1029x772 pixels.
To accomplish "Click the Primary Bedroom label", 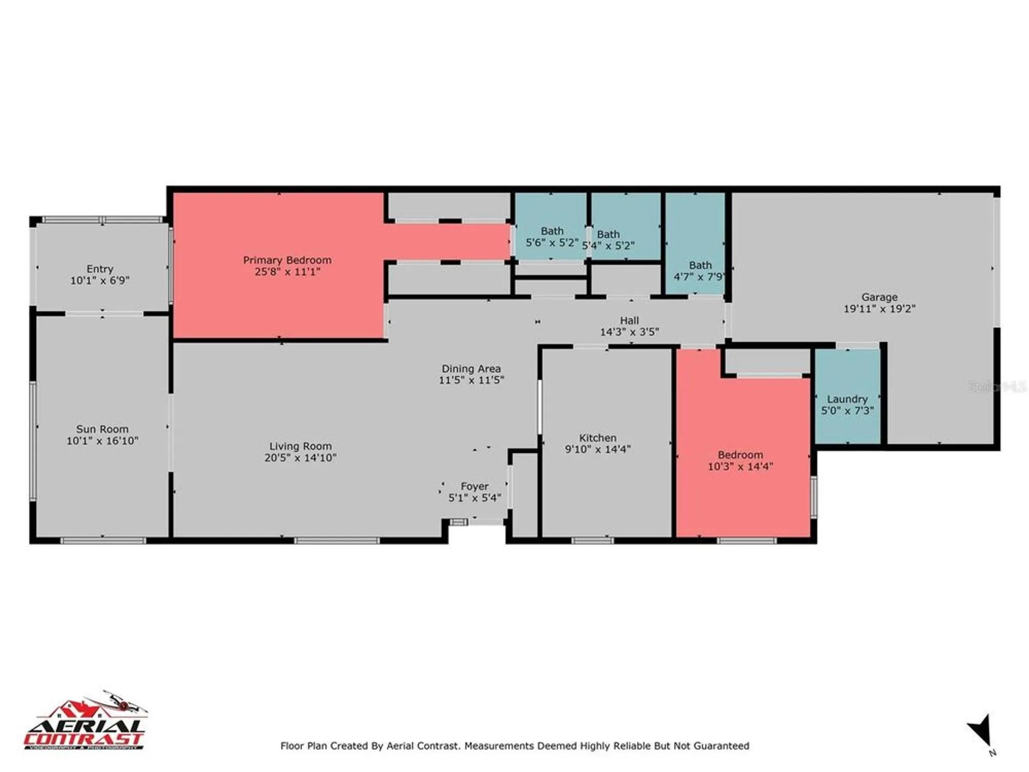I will (287, 260).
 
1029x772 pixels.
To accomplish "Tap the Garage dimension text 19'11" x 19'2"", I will (879, 309).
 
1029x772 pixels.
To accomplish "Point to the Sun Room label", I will (102, 429).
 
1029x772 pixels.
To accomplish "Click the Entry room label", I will (100, 269).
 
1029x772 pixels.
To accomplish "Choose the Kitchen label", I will (597, 438).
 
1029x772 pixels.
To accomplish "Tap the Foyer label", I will (474, 486).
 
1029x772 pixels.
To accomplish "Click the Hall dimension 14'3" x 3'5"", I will (629, 332).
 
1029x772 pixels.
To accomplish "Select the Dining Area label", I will (471, 369).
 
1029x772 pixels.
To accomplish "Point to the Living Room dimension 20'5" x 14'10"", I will (300, 458).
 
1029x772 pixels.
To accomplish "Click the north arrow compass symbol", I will (980, 731).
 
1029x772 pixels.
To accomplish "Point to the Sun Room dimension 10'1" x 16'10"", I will (102, 441).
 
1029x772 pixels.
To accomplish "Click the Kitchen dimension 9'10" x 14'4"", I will (597, 449).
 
